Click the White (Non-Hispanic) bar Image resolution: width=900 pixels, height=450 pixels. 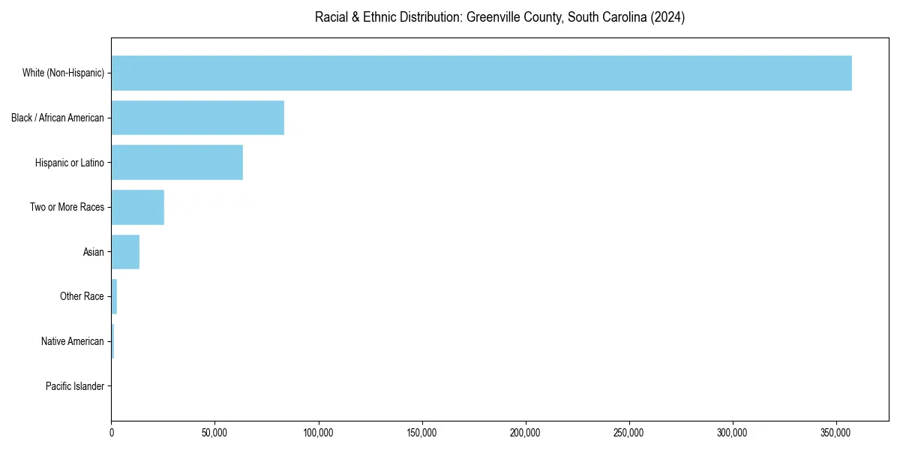[481, 73]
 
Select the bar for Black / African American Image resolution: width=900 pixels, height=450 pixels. [198, 118]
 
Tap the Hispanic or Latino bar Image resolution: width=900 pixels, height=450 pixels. [177, 163]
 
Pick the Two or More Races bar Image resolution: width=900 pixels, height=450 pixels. [138, 207]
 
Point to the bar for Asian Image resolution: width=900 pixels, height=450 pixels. [125, 252]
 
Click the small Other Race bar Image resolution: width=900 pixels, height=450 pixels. [114, 296]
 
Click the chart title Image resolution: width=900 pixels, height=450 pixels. [499, 17]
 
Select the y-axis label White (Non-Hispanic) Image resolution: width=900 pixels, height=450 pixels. [63, 73]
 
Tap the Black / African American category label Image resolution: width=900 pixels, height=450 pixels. [58, 118]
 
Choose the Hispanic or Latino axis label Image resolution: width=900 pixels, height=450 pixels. [70, 163]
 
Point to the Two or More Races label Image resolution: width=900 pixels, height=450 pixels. [67, 207]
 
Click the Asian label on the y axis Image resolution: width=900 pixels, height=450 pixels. [94, 252]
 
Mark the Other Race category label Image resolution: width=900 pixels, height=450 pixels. [82, 296]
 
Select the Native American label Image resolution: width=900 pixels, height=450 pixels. [73, 341]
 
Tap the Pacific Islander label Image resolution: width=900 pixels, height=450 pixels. [75, 386]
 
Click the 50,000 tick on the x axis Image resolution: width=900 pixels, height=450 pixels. [214, 433]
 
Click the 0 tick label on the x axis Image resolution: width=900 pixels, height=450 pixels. [112, 433]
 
